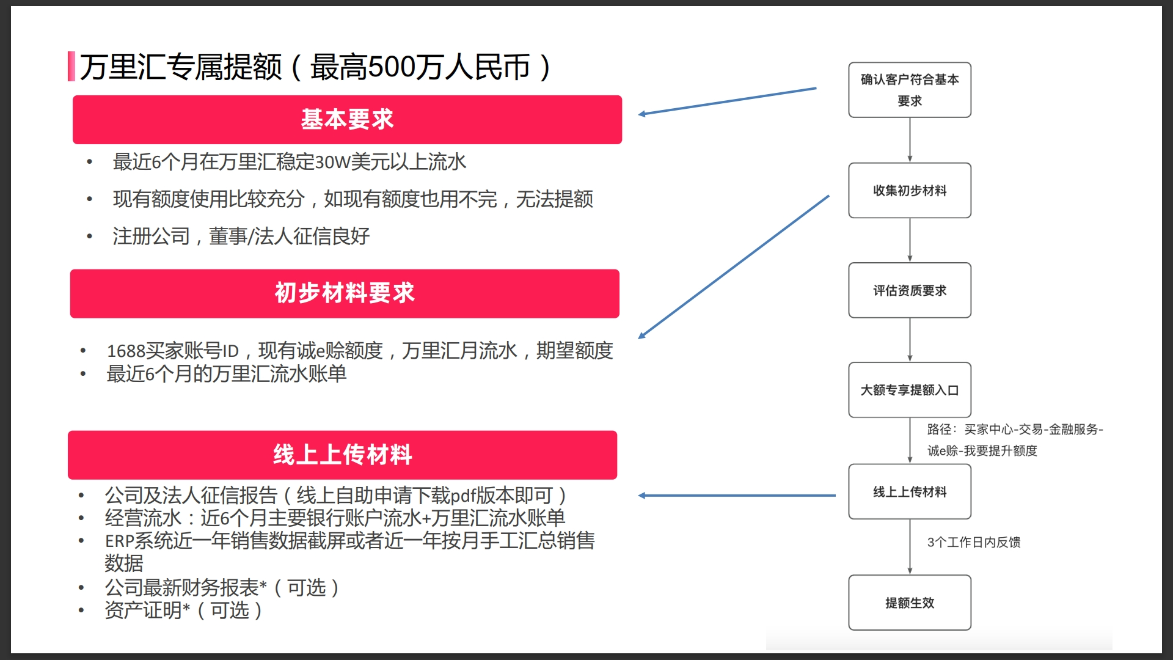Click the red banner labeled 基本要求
[x=347, y=120]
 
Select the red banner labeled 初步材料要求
[x=345, y=293]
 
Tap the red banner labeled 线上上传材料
[x=342, y=455]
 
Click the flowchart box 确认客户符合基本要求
[x=909, y=90]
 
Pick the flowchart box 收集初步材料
[x=909, y=190]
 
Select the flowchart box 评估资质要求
[x=909, y=290]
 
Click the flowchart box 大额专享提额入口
[x=909, y=390]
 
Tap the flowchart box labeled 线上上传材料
[x=909, y=491]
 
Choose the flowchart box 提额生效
[x=909, y=603]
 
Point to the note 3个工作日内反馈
[x=973, y=542]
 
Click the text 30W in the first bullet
[x=333, y=163]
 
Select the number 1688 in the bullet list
[x=126, y=351]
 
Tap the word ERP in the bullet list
[x=119, y=541]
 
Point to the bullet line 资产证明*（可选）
[x=183, y=610]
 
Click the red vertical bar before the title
[x=71, y=67]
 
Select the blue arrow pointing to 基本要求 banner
[x=727, y=101]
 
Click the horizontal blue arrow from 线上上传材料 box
[x=737, y=496]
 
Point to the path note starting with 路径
[x=1014, y=440]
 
